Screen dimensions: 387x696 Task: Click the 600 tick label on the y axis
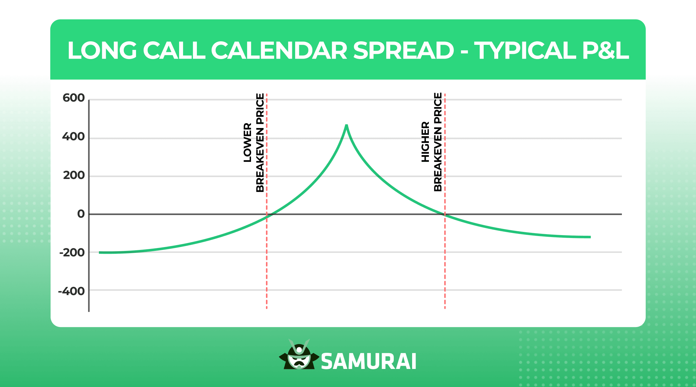[x=73, y=98]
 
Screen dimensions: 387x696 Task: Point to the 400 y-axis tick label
[x=73, y=137]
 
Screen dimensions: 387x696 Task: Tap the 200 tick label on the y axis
[x=74, y=175]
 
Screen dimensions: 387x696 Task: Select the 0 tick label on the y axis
[x=81, y=214]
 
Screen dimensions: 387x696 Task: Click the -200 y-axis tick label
[x=72, y=253]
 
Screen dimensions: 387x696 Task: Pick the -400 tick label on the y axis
[x=71, y=291]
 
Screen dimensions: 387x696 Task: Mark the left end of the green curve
[x=100, y=253]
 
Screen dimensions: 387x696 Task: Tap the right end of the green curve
[x=590, y=237]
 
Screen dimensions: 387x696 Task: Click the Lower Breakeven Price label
[x=254, y=143]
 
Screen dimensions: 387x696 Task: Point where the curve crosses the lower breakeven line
[x=267, y=217]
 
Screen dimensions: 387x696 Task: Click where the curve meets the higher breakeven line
[x=445, y=214]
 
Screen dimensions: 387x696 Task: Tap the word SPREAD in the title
[x=403, y=51]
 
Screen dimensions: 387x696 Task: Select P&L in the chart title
[x=603, y=51]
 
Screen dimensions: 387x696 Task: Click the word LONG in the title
[x=102, y=51]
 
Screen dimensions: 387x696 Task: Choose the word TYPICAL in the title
[x=525, y=51]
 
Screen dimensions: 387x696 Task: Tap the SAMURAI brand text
[x=369, y=362]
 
